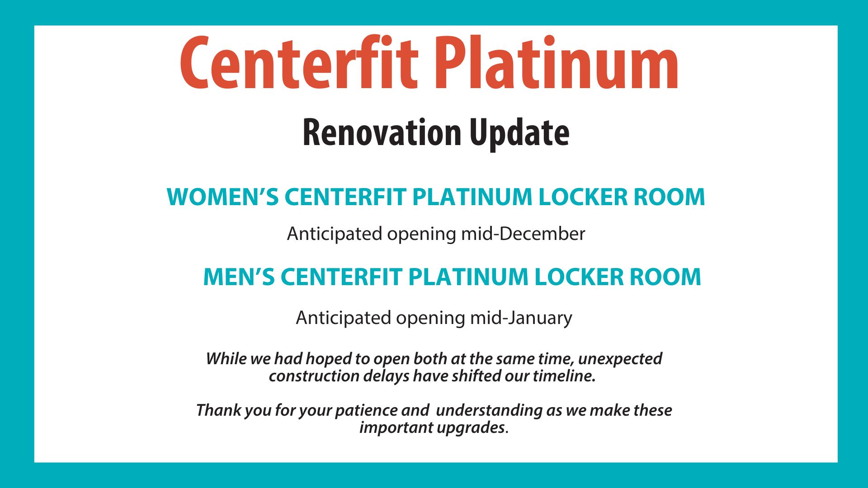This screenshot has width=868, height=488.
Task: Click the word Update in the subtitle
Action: [x=519, y=133]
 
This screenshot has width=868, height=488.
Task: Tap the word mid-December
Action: [x=523, y=234]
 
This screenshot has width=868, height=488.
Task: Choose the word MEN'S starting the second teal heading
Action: [x=239, y=277]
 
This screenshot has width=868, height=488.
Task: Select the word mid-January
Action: [x=521, y=318]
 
